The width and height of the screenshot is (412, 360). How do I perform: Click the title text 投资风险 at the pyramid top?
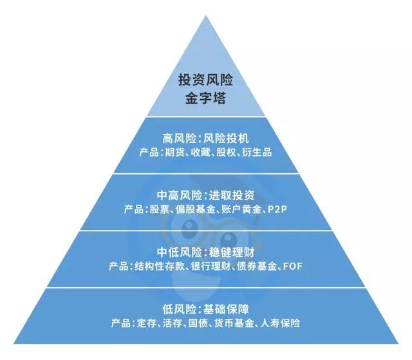(205, 82)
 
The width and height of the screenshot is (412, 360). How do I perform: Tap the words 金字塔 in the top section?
(205, 100)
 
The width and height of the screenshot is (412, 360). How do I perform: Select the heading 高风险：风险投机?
(205, 138)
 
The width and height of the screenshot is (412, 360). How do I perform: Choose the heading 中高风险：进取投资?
(205, 194)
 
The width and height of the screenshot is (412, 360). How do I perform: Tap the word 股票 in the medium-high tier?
(157, 210)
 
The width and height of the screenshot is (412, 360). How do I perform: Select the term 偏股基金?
(194, 210)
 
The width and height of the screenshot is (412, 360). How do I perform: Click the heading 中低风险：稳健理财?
(205, 251)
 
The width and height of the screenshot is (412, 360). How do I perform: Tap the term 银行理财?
(211, 266)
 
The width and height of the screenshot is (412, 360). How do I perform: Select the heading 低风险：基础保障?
(205, 307)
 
